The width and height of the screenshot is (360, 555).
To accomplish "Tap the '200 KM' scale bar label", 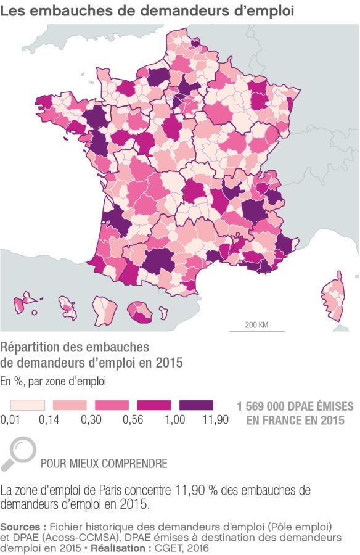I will (x=256, y=325).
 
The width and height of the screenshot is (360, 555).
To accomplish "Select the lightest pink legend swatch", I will (x=28, y=405).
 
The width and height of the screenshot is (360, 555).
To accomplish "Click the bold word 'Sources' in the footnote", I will (x=22, y=527).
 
